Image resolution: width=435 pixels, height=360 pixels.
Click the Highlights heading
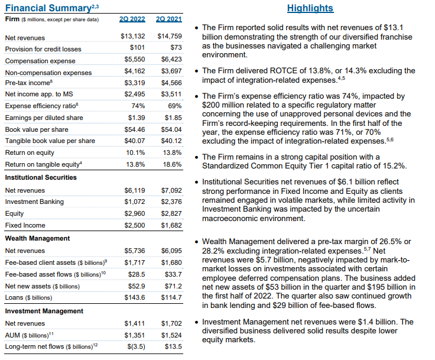click(310, 8)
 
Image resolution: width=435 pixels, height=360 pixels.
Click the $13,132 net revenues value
click(133, 37)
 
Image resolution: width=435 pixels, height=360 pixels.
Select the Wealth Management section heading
click(37, 238)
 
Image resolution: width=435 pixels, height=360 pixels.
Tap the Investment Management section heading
click(43, 311)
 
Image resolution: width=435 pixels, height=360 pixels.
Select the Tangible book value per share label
click(50, 141)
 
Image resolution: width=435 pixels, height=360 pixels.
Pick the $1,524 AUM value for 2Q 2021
click(171, 335)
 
